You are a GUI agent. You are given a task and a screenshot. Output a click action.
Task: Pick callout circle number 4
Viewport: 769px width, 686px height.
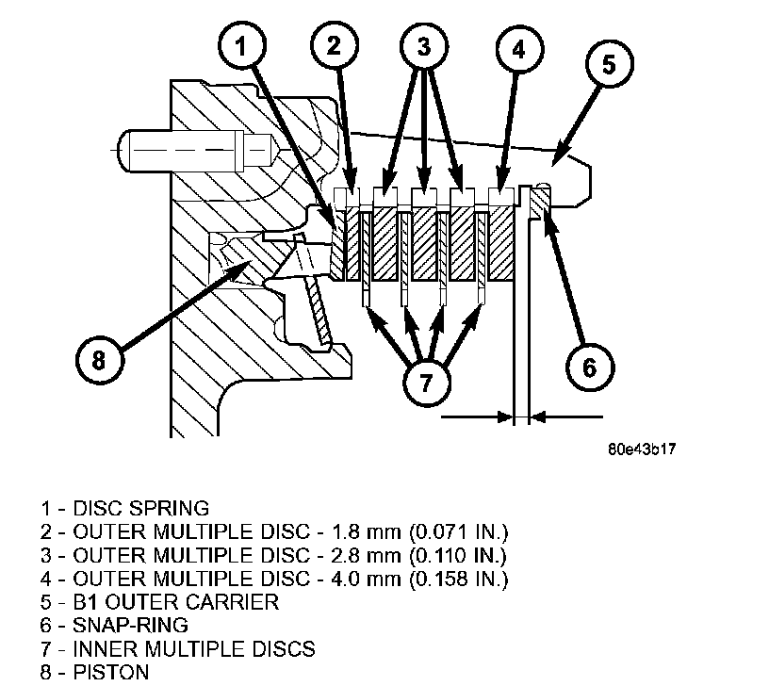518,49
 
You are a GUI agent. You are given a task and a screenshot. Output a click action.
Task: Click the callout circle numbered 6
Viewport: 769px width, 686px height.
589,367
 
